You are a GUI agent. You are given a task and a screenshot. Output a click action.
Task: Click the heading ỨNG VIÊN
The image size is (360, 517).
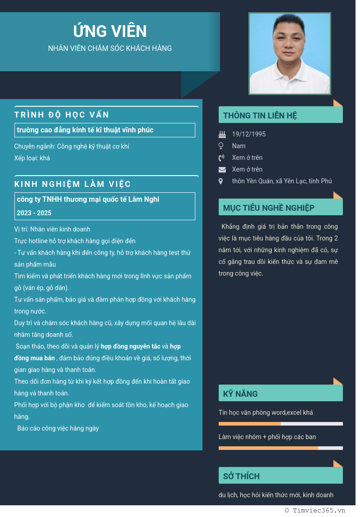point(110,31)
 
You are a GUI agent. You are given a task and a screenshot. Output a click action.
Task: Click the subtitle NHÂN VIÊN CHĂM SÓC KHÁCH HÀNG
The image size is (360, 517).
point(110,48)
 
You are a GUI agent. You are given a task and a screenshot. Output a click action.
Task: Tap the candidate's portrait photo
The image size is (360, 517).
point(289,54)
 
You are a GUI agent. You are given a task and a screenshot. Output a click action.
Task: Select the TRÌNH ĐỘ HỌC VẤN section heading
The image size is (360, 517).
point(62,114)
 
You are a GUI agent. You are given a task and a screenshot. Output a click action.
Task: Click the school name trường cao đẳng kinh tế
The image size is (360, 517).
point(85,130)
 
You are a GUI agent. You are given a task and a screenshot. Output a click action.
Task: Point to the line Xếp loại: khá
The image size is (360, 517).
point(32,158)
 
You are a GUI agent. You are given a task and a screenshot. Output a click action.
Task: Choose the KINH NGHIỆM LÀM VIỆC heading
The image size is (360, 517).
point(72,184)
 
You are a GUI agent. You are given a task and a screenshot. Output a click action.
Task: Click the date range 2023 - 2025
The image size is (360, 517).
point(34,213)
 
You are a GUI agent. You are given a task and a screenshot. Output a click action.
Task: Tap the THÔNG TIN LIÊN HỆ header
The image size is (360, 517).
point(260,115)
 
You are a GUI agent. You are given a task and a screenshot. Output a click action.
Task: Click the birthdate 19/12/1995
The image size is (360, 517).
point(249,134)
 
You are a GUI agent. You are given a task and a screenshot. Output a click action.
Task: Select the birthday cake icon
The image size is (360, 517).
point(222,134)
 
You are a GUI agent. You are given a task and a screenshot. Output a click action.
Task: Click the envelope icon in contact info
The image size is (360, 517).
point(222,169)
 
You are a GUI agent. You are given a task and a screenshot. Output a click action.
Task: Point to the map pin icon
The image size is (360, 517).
point(220,181)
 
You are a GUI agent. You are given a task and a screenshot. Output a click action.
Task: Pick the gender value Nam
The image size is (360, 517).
point(239,146)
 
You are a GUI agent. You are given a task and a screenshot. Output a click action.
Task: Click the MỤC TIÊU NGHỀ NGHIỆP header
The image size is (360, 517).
point(269,208)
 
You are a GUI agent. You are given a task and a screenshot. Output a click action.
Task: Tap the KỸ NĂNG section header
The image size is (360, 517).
point(240,394)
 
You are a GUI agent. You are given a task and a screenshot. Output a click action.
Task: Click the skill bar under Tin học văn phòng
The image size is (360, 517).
point(280,424)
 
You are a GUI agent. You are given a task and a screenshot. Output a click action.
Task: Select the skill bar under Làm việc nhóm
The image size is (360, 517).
point(280,448)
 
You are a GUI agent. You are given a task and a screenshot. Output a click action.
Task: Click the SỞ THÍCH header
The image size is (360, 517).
point(241,476)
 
